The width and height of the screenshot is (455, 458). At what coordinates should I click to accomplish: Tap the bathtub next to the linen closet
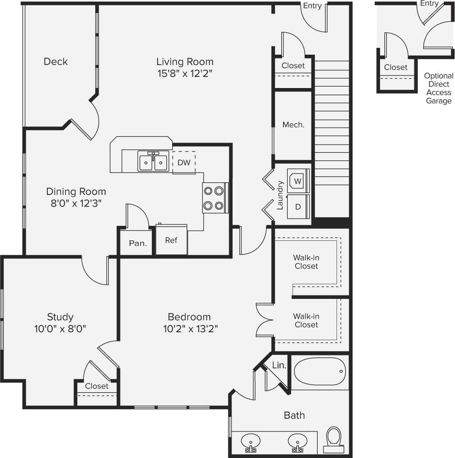(320, 371)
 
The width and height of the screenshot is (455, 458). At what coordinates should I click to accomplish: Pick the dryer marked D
(298, 207)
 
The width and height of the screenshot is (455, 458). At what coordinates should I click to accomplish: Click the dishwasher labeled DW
(184, 163)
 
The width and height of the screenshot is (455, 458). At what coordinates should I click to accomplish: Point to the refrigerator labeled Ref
(171, 240)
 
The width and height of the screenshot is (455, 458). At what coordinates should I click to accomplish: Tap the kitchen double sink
(153, 162)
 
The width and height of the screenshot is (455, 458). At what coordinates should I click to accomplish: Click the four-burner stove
(215, 198)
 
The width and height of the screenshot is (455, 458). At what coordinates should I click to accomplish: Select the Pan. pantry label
(138, 243)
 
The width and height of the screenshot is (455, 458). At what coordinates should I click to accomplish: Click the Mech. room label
(294, 125)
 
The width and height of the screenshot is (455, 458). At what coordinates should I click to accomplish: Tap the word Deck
(56, 61)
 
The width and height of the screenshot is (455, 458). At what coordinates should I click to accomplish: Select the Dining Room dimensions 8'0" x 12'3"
(76, 203)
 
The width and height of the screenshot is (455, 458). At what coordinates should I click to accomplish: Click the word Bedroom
(189, 317)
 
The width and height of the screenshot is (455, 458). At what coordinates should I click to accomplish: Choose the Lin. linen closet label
(279, 366)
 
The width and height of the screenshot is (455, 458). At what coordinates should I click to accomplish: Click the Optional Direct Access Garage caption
(439, 89)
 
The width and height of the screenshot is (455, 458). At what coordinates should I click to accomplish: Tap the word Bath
(294, 415)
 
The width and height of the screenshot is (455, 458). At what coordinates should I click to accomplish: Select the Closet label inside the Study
(97, 386)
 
